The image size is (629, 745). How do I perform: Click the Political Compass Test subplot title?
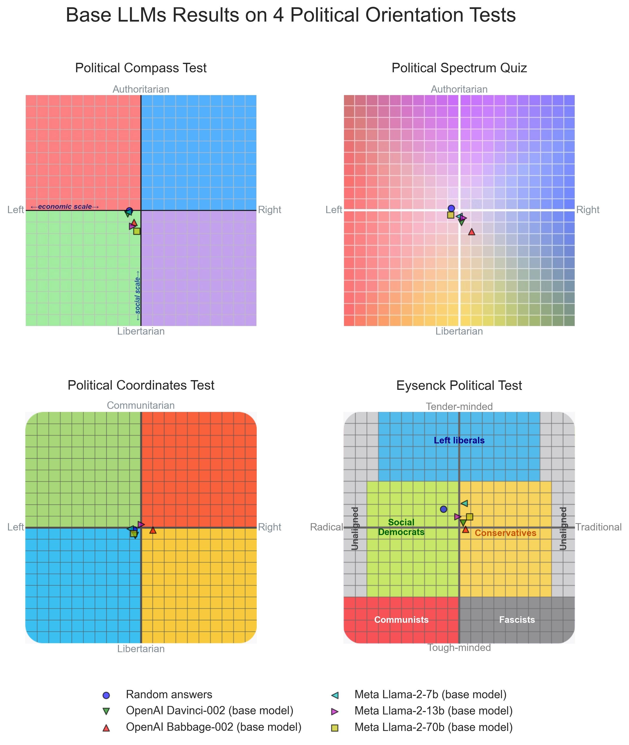tap(141, 68)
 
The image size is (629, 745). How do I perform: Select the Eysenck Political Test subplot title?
tap(459, 385)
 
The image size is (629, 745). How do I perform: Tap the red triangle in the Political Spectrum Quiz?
tap(471, 232)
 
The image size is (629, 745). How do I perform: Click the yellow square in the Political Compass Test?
tap(137, 231)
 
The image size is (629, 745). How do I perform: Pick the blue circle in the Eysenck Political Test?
tap(443, 509)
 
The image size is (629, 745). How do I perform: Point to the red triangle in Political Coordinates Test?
tap(153, 530)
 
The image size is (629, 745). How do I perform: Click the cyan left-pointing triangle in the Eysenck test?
tap(464, 503)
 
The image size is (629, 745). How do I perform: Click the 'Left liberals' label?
tap(459, 441)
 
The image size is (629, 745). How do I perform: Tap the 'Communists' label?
tap(401, 620)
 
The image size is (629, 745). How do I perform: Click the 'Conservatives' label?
tap(505, 533)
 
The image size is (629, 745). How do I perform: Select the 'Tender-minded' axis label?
tap(459, 407)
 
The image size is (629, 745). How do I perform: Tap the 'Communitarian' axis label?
tap(141, 406)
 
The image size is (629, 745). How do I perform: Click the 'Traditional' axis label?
tap(598, 527)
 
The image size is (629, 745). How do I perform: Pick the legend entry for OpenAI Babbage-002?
tap(213, 727)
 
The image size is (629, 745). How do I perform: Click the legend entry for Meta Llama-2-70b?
tap(433, 727)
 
